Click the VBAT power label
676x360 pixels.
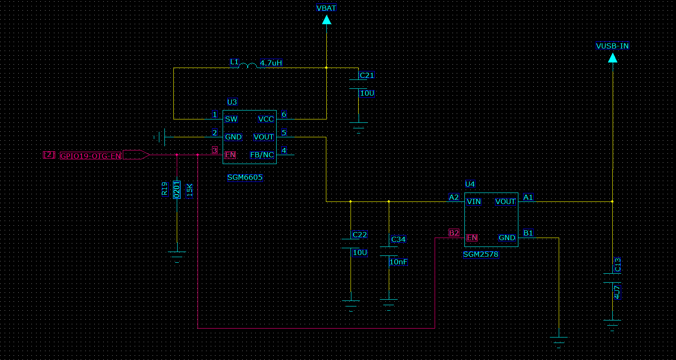point(326,8)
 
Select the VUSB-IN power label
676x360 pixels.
point(612,46)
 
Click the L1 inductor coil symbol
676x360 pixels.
point(248,66)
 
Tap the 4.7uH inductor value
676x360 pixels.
point(271,63)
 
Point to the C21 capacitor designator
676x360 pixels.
point(366,75)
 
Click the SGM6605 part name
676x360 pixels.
point(245,177)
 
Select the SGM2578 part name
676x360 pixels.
point(481,254)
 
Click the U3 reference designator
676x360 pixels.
point(232,102)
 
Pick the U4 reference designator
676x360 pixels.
point(470,184)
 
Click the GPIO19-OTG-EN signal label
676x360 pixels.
point(91,156)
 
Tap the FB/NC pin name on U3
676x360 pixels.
point(262,155)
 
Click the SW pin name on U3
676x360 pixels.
point(231,119)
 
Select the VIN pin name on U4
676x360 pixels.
point(473,201)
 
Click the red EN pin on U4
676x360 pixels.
point(472,238)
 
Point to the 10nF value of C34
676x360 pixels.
point(398,262)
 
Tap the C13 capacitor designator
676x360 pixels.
point(618,264)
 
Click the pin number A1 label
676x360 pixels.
point(528,197)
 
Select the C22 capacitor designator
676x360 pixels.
point(359,235)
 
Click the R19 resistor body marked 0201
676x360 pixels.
point(177,190)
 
